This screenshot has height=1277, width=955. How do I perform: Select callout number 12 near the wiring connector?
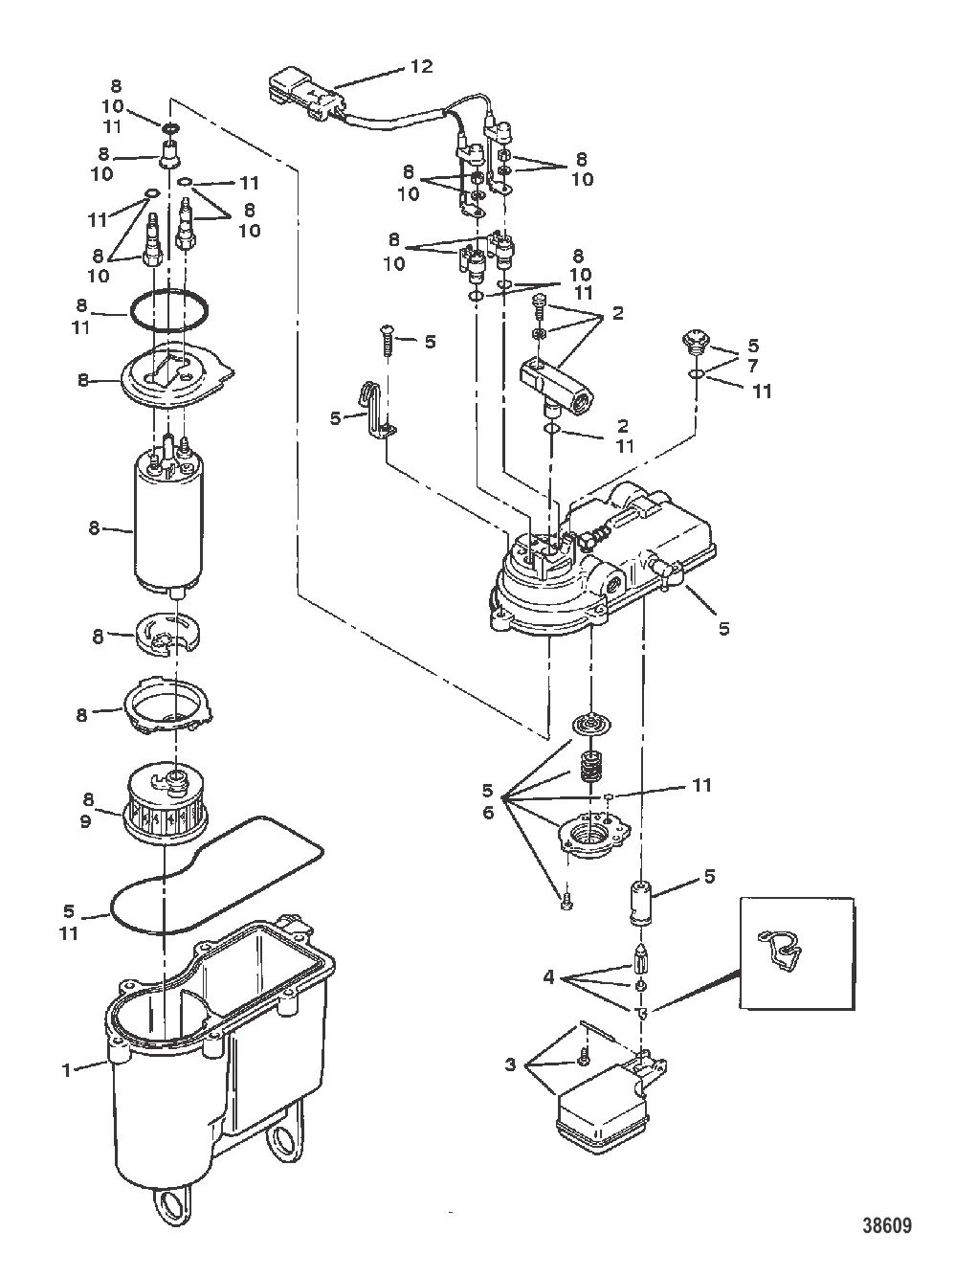422,66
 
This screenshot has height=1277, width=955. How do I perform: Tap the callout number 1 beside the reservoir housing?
67,1069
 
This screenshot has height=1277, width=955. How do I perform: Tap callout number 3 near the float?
510,1064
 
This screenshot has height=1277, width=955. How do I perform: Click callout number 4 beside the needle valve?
548,977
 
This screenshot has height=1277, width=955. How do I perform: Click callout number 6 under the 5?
487,811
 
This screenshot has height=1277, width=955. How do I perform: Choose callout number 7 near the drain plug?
751,368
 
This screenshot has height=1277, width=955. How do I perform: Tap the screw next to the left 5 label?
388,342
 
